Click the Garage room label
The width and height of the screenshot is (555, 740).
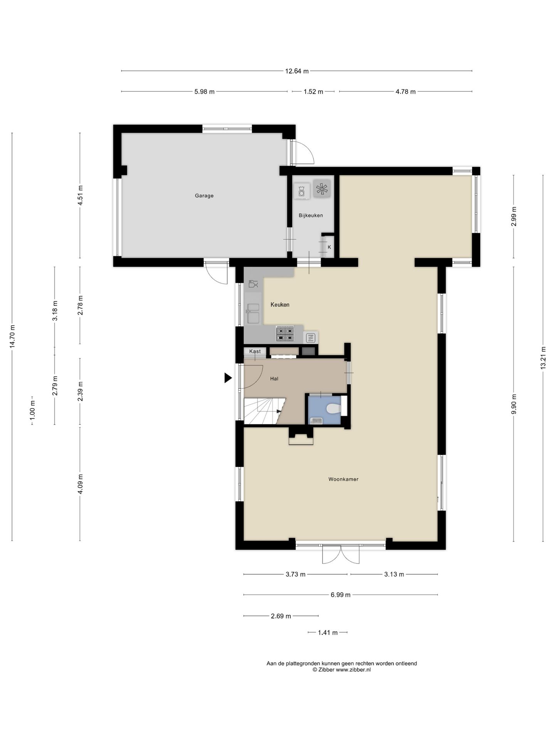(x=204, y=196)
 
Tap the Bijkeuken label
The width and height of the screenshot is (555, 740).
(x=311, y=215)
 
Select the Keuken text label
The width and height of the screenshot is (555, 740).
(x=280, y=304)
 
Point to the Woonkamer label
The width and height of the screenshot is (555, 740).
(x=343, y=479)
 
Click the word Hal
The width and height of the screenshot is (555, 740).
(x=274, y=378)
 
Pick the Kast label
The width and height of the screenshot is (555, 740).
(x=255, y=351)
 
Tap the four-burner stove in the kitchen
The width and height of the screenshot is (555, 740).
(x=286, y=334)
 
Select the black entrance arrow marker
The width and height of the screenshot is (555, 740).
(x=228, y=378)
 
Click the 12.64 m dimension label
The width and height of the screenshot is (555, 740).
(x=297, y=71)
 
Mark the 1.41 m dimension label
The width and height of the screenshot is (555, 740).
(x=328, y=632)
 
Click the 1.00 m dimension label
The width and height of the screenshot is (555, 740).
(x=32, y=410)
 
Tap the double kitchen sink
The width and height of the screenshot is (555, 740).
(x=253, y=313)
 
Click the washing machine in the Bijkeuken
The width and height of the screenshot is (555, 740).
(x=301, y=191)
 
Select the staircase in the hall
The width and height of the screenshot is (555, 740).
(x=264, y=411)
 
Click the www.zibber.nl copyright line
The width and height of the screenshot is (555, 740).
(x=341, y=670)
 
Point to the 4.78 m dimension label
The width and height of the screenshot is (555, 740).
(x=405, y=92)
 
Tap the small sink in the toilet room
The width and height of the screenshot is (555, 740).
(x=316, y=421)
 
